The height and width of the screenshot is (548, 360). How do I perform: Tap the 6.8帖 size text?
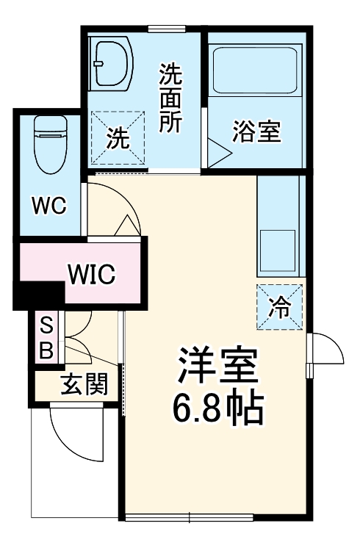(x=217, y=410)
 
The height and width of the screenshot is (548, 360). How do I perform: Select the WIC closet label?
(x=92, y=274)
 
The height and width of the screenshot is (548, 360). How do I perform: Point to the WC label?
(x=48, y=206)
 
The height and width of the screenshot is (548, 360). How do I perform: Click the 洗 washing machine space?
(x=117, y=138)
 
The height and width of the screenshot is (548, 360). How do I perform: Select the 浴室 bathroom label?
(x=256, y=132)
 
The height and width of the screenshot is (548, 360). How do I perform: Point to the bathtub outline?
(x=253, y=70)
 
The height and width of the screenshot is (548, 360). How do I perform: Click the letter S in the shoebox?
(x=46, y=324)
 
